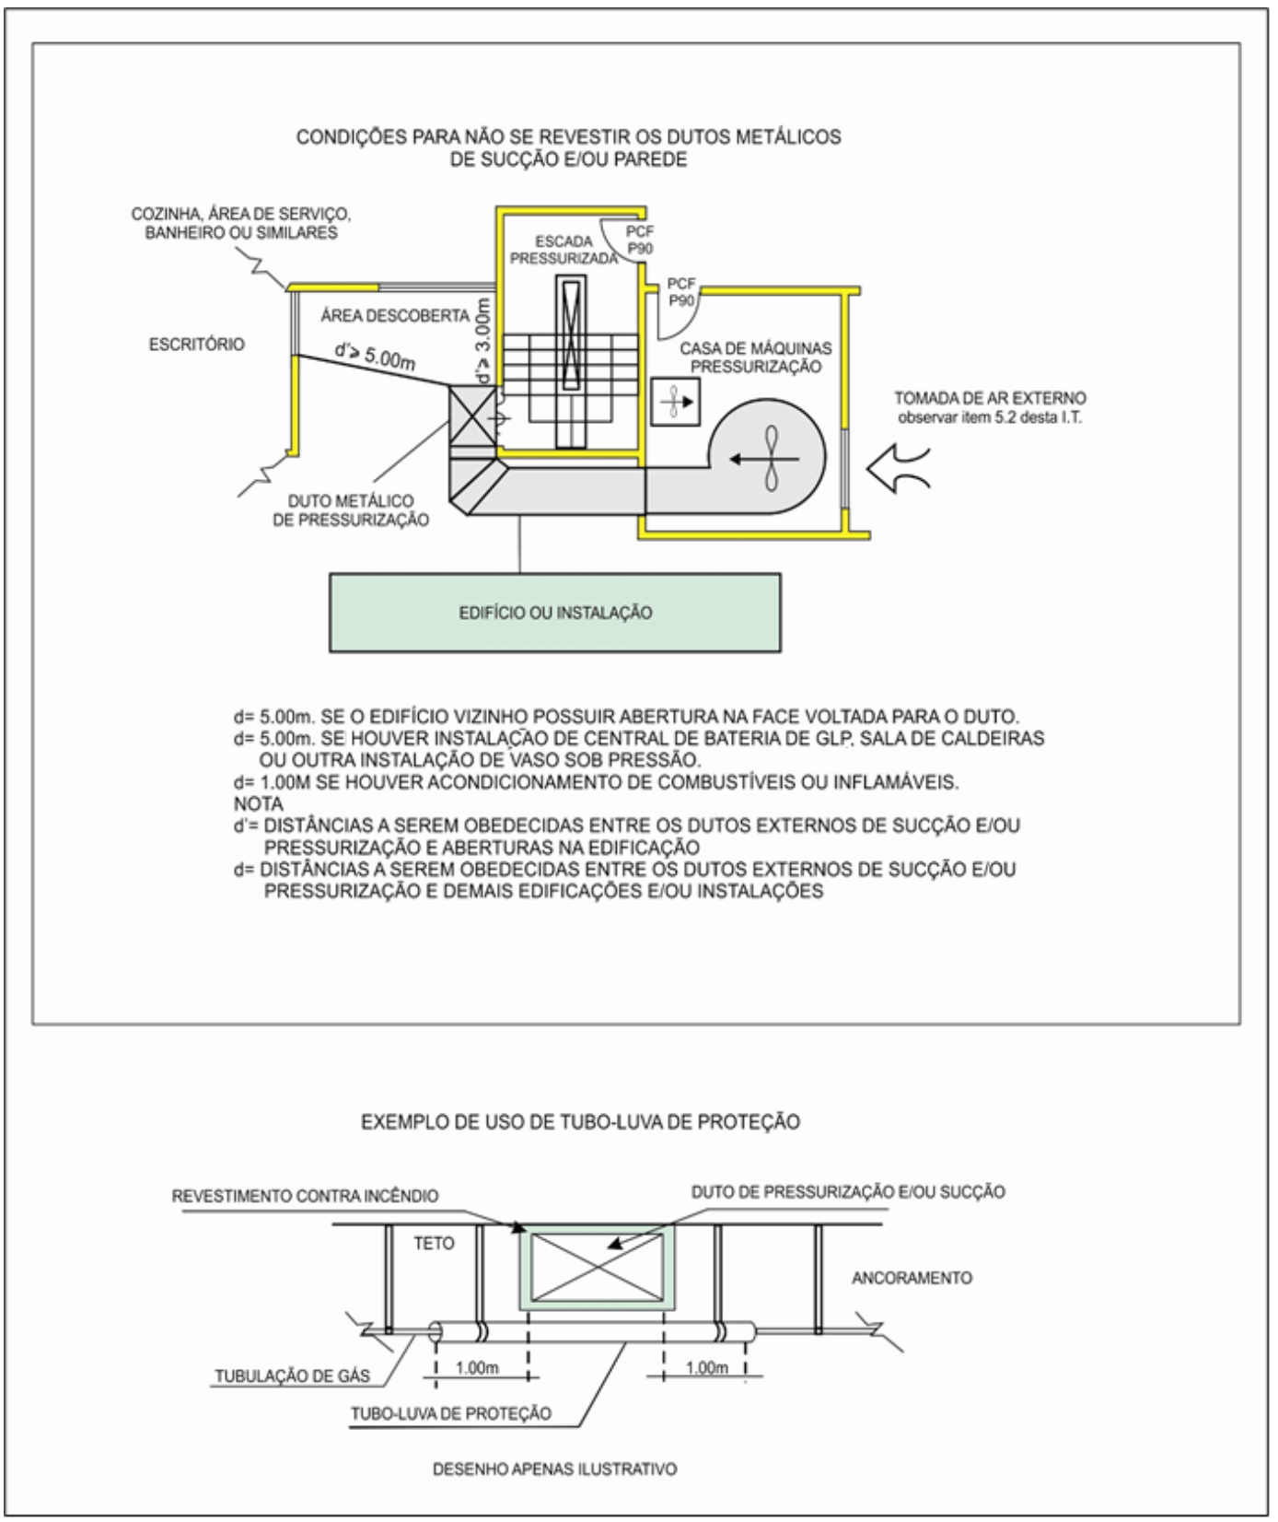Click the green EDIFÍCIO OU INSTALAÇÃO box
(555, 613)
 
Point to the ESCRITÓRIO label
(197, 345)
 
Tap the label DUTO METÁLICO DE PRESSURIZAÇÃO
(358, 509)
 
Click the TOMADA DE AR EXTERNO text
(990, 399)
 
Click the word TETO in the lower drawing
(434, 1243)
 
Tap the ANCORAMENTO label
(912, 1278)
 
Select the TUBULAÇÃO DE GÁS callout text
(292, 1377)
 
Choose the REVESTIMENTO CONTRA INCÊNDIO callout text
(306, 1196)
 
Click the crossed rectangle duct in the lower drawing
(597, 1267)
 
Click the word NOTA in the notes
(259, 803)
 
